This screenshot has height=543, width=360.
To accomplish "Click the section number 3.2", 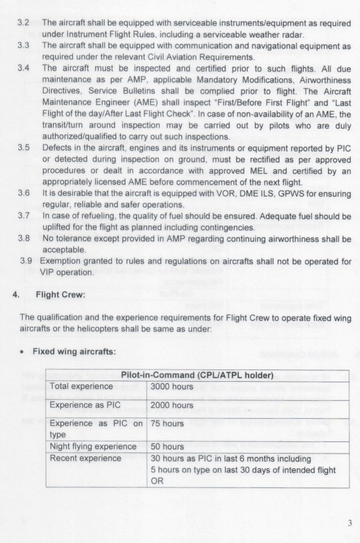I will pos(23,24).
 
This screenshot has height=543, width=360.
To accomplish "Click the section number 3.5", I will pos(23,148).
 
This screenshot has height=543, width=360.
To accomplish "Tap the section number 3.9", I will pos(26,261).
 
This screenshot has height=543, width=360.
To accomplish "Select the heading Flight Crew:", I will pos(60,295).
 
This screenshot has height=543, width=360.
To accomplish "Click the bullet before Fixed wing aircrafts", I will pos(23,352).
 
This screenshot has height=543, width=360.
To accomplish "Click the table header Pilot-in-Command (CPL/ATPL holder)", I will pos(196,376).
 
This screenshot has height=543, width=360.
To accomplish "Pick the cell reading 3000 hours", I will pos(167,386).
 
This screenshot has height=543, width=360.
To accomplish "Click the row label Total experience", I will pos(81,386).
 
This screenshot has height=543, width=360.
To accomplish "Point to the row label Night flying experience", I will pos(93,447).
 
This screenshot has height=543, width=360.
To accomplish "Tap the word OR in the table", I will pos(157,481).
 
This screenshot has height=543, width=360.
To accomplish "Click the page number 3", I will pos(349,523).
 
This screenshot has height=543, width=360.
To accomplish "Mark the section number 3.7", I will pos(23,216).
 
